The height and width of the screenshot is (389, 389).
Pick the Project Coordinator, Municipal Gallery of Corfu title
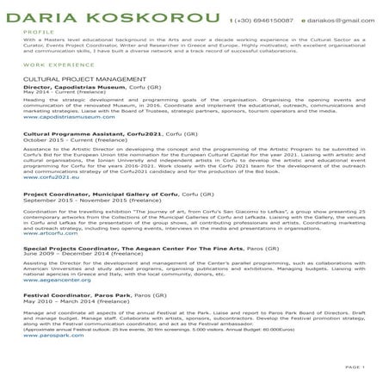[x=96, y=195]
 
